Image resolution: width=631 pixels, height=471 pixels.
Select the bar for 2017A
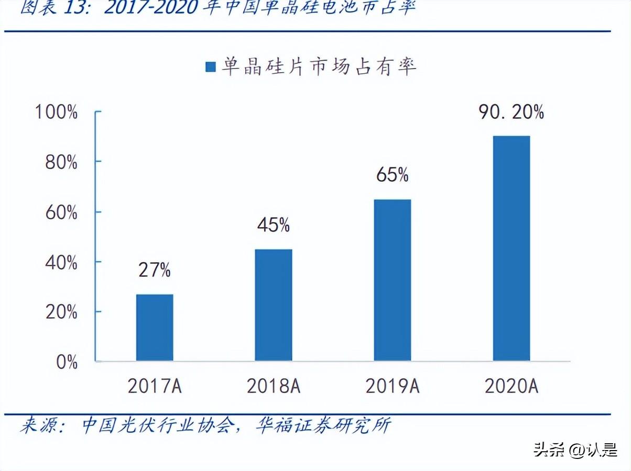[155, 328]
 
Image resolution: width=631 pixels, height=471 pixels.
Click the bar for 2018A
[274, 305]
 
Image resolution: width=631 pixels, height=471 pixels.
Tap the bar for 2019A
[392, 280]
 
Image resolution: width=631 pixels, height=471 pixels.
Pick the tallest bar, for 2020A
[511, 248]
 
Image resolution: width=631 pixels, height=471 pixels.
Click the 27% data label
[155, 270]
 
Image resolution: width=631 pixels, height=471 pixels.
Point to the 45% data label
[274, 225]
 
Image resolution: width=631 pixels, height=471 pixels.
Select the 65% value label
[392, 175]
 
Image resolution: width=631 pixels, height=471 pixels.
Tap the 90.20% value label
[511, 112]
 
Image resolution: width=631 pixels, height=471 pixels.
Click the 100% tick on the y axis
[56, 112]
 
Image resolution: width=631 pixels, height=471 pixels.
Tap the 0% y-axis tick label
[67, 362]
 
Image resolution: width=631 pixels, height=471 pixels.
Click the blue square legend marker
[211, 67]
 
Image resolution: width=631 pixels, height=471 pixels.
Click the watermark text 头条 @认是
[575, 450]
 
